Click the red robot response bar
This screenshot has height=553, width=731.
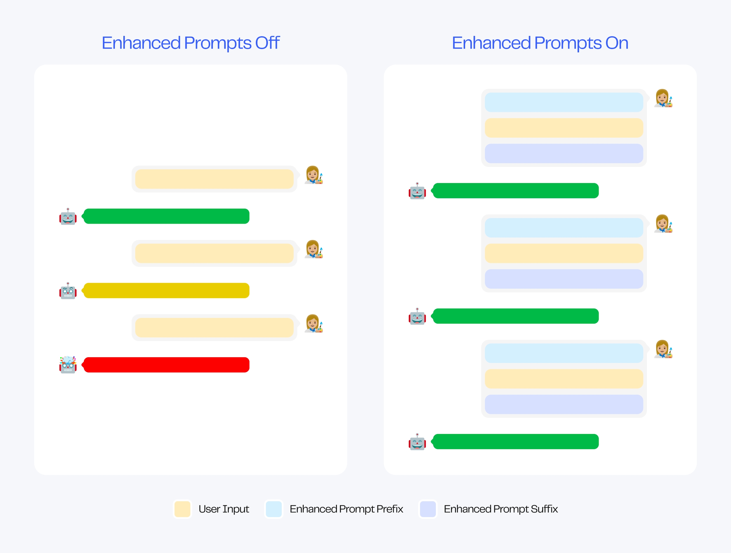point(166,365)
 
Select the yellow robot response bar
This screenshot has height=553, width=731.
point(166,291)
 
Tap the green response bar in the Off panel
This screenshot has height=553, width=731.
point(166,216)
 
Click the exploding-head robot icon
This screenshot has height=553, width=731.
point(68,365)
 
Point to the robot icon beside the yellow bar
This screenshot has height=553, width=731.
point(68,291)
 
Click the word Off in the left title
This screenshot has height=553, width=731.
point(267,43)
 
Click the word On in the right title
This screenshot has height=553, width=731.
point(617,43)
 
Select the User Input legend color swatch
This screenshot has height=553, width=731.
point(182,509)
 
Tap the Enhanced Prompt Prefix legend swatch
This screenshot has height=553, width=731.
point(273,509)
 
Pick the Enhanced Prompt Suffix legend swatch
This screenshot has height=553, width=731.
point(428,509)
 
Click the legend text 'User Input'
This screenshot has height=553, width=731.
point(224,509)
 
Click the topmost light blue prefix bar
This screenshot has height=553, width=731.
point(564,102)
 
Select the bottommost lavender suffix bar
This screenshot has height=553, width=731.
point(564,404)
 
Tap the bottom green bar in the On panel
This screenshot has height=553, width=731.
point(516,442)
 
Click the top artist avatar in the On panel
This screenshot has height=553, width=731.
point(663,98)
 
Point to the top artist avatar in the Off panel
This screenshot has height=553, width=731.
point(313,175)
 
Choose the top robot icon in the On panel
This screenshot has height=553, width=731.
point(417,191)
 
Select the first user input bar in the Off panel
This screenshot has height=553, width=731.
point(214,179)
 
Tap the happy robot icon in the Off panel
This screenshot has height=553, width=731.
point(68,216)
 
